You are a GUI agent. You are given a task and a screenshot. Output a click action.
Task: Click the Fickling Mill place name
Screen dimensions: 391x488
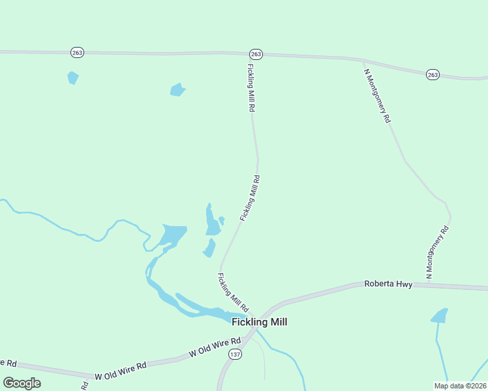(259, 322)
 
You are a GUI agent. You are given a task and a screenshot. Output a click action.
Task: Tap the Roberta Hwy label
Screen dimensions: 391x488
(388, 284)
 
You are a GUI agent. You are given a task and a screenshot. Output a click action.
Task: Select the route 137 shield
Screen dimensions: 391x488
(235, 353)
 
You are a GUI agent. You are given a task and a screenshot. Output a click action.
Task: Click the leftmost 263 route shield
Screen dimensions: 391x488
(77, 52)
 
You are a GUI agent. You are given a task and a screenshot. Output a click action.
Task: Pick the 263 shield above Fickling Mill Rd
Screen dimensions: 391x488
(256, 53)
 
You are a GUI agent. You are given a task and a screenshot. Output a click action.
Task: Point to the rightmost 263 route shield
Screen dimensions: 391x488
(433, 75)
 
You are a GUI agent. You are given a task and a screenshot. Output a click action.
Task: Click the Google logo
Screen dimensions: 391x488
(22, 383)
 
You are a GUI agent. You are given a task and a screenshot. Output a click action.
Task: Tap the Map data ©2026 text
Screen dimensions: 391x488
(459, 386)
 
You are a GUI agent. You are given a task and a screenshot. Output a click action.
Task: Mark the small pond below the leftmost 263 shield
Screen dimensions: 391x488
(72, 78)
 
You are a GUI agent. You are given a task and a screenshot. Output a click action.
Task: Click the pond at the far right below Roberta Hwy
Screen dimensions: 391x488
(440, 316)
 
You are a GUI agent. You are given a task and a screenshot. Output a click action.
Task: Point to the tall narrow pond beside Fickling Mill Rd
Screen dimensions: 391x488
(211, 220)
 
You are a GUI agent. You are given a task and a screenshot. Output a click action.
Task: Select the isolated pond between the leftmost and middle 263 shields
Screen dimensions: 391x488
(177, 89)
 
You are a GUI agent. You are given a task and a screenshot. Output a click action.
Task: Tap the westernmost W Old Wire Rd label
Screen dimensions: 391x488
(7, 362)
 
